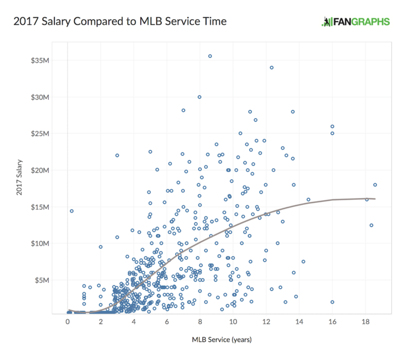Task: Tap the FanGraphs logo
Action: point(355,22)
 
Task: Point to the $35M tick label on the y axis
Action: point(41,60)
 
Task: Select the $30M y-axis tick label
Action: point(41,97)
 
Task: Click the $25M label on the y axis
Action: point(41,133)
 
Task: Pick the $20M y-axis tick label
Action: point(41,170)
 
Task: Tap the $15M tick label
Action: point(41,206)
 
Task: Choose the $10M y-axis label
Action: point(41,243)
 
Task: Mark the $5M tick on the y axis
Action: point(43,280)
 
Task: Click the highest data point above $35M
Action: point(210,56)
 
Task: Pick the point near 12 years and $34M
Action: point(272,67)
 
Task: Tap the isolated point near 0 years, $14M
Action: point(71,211)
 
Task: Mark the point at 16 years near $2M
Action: point(332,302)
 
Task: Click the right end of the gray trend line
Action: point(375,199)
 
